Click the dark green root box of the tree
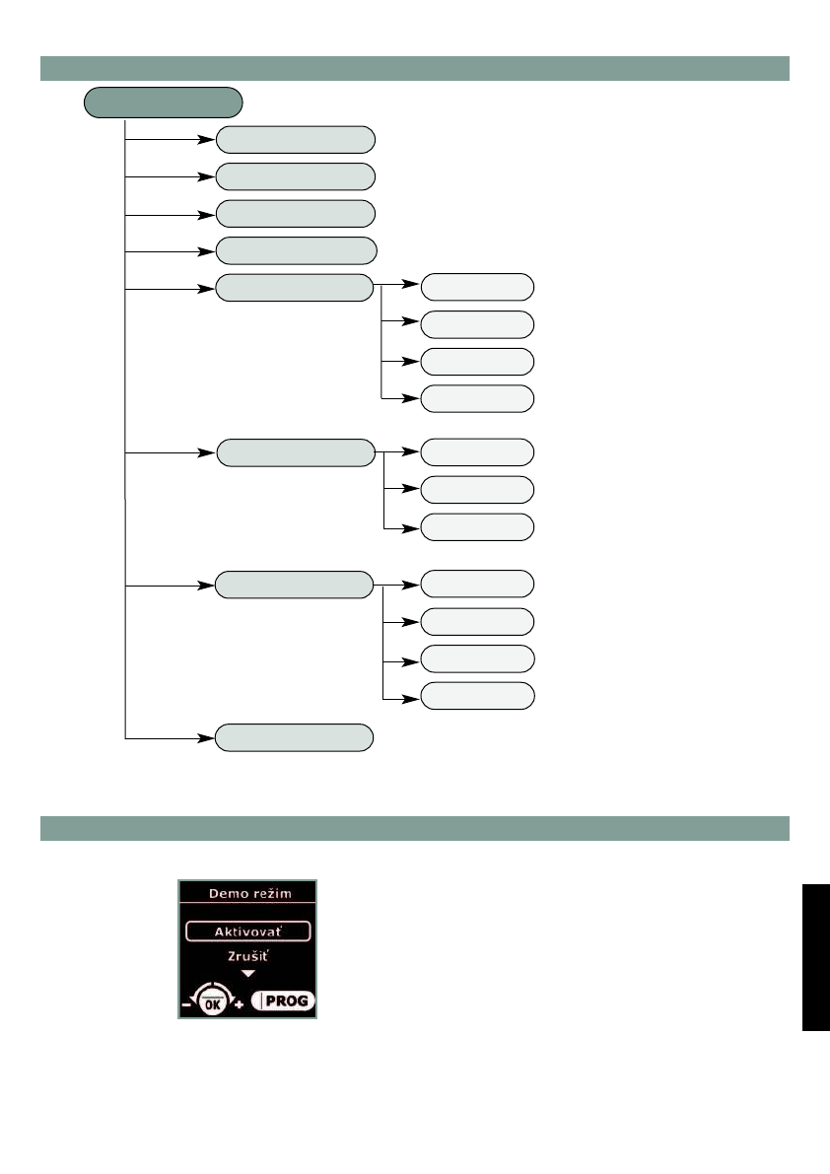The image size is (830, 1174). pyautogui.click(x=164, y=102)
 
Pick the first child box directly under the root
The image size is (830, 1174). pyautogui.click(x=296, y=139)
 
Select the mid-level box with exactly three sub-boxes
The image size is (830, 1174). pyautogui.click(x=296, y=452)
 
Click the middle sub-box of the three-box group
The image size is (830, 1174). pyautogui.click(x=477, y=489)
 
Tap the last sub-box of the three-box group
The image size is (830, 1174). pyautogui.click(x=477, y=526)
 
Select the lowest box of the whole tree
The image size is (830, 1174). pyautogui.click(x=296, y=737)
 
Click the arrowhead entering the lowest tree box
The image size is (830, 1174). pyautogui.click(x=208, y=737)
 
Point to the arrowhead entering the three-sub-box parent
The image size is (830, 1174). pyautogui.click(x=208, y=452)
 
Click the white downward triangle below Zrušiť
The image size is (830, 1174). pyautogui.click(x=247, y=973)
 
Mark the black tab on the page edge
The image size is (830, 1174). pyautogui.click(x=815, y=957)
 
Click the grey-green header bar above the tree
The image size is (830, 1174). pyautogui.click(x=415, y=68)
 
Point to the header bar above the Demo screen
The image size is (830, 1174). pyautogui.click(x=415, y=828)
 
